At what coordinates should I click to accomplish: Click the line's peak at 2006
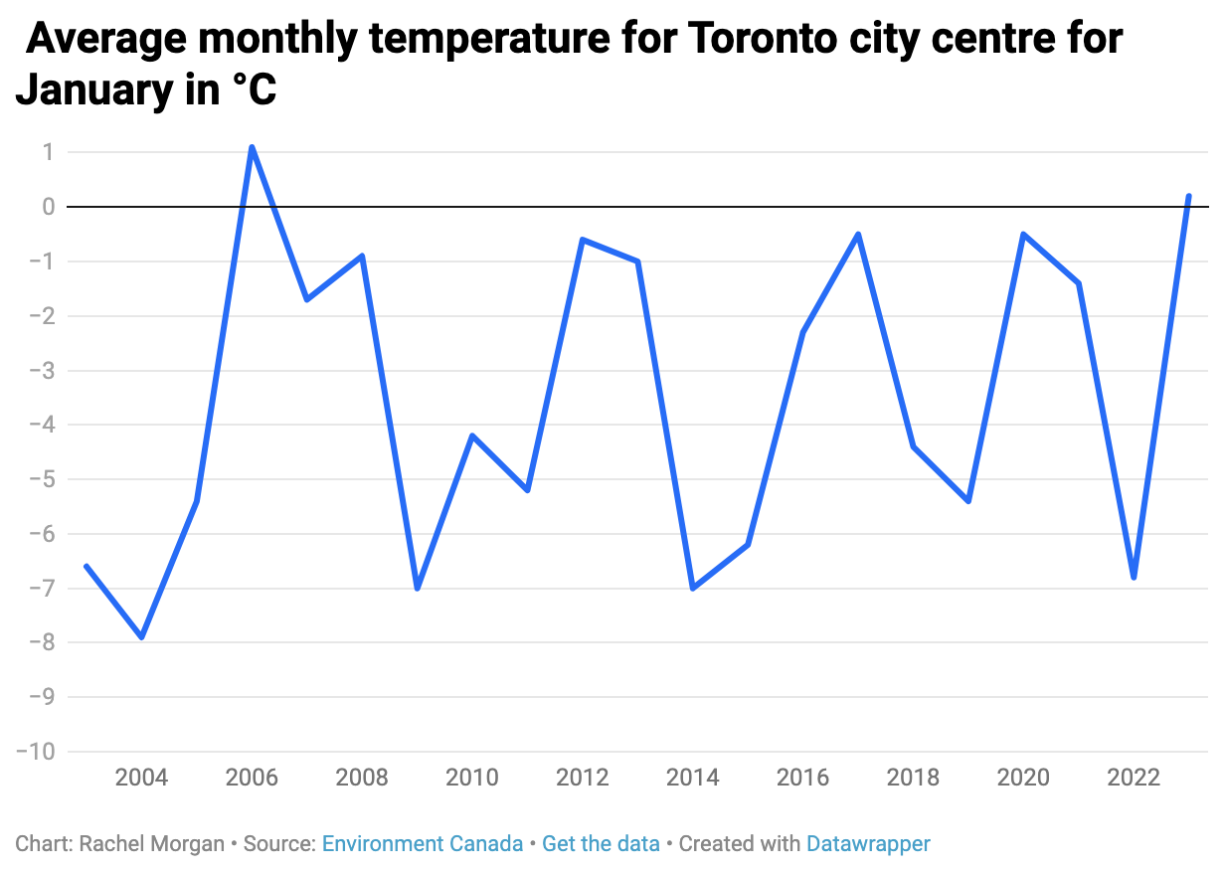point(252,147)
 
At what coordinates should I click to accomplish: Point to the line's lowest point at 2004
point(142,636)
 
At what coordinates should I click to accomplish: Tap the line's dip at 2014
point(692,588)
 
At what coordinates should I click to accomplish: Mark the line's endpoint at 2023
point(1188,196)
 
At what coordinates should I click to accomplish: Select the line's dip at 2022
point(1134,577)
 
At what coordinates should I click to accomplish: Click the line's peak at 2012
point(582,240)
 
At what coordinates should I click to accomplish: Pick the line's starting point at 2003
point(87,566)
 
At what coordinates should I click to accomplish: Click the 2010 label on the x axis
point(472,778)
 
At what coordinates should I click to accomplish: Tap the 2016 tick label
point(802,778)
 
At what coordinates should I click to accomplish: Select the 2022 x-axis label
point(1134,778)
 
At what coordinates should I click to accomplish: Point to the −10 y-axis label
point(36,751)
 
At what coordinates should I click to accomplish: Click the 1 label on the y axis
point(47,152)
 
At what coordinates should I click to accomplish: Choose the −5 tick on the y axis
point(41,479)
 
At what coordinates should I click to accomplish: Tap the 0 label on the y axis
point(47,207)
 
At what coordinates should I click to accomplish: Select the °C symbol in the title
point(255,90)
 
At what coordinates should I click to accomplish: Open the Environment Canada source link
point(423,844)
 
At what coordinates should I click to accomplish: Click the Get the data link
point(601,844)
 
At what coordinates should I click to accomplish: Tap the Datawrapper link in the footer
point(868,844)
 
